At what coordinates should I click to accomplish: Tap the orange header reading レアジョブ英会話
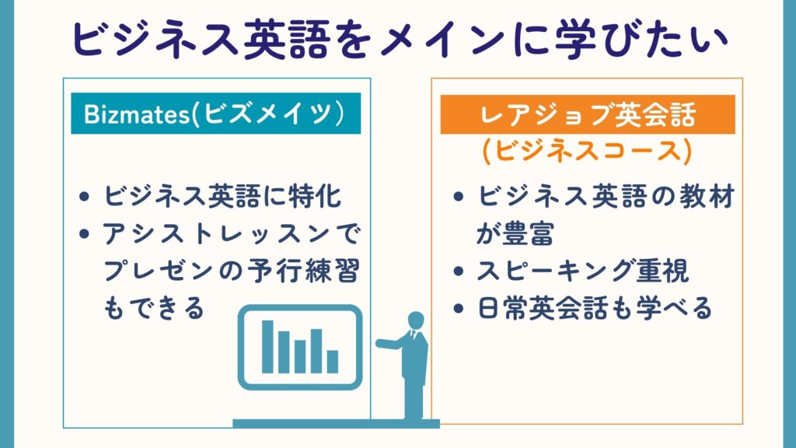pos(588,114)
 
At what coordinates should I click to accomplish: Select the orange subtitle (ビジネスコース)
pos(587,151)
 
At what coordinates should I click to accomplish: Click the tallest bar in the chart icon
pos(267,347)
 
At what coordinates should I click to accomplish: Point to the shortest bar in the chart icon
pos(333,362)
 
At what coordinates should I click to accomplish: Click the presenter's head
pos(416,320)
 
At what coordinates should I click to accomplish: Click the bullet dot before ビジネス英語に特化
pos(84,197)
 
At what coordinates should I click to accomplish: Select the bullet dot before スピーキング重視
pos(459,271)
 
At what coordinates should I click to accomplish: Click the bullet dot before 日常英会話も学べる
pos(459,308)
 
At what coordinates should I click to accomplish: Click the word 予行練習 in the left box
pos(304,271)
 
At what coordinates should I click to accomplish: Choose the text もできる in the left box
pos(154,308)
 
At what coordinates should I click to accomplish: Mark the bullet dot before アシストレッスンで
pos(84,233)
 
